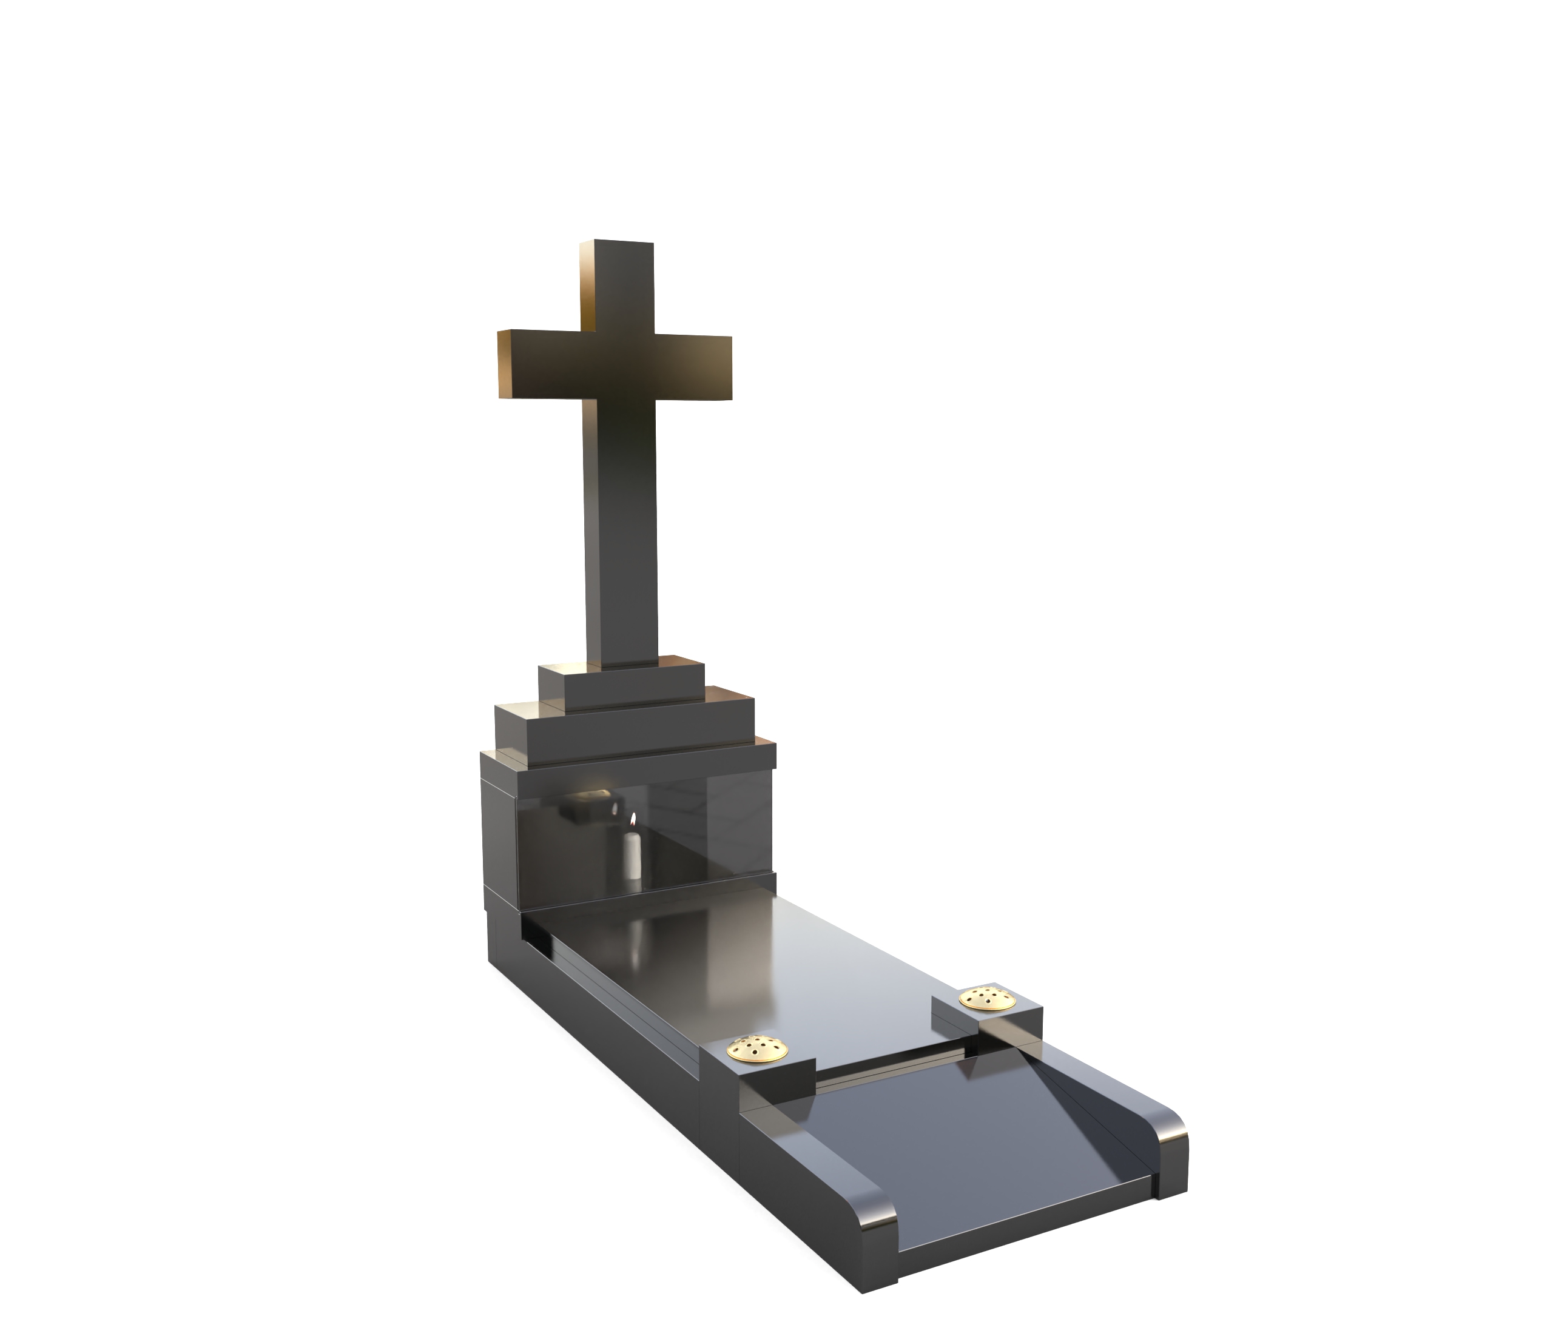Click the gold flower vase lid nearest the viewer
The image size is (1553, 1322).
point(758,1048)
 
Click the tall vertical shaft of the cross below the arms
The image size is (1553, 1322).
point(621,540)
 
